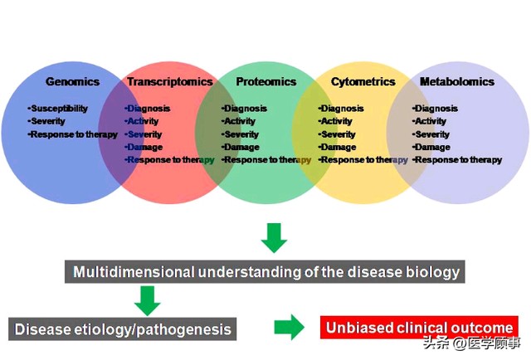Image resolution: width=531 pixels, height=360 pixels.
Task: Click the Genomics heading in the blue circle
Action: (72, 81)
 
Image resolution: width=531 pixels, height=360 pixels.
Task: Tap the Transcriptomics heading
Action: (170, 81)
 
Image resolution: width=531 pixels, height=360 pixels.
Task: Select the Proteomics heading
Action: (266, 81)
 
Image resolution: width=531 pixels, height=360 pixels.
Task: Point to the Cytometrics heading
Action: (363, 81)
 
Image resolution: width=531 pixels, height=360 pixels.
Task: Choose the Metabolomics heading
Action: (457, 81)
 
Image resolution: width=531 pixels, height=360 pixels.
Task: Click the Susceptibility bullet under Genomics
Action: (58, 109)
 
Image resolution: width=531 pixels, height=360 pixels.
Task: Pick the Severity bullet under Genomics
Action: (46, 121)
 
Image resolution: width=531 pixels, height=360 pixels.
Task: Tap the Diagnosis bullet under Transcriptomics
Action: (148, 109)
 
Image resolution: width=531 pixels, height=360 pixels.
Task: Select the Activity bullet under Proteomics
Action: (239, 121)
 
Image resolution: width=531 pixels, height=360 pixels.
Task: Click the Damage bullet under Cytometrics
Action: (338, 147)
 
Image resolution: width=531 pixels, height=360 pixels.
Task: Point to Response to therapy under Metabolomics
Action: (457, 160)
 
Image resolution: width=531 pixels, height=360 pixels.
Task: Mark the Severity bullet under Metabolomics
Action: (431, 134)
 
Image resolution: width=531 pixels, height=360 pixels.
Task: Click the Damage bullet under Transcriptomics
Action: (144, 147)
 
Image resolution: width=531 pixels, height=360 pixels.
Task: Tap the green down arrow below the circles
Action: (274, 238)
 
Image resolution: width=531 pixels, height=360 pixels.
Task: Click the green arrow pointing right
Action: (290, 327)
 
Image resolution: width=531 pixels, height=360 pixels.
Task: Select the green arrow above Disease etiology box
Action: (148, 301)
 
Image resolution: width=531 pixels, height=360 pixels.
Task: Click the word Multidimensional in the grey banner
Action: (134, 272)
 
